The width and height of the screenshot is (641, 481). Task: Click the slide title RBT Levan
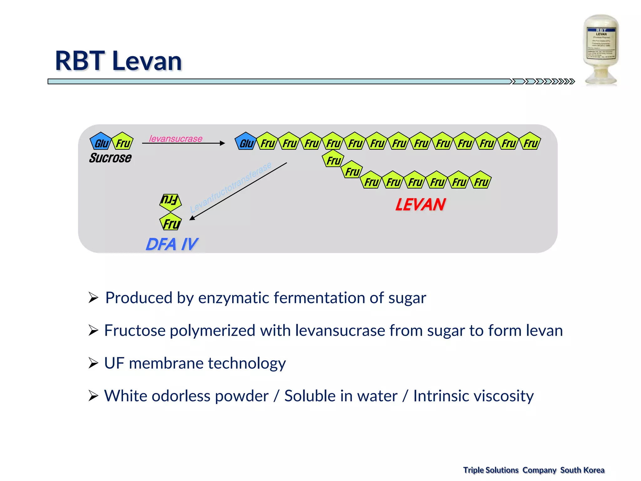(x=118, y=61)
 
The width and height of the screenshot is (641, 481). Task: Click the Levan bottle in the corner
(x=601, y=50)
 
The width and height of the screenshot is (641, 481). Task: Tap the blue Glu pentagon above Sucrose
(x=101, y=142)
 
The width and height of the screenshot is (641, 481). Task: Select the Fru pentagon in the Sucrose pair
(x=122, y=142)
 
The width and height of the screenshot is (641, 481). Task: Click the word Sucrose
(x=110, y=158)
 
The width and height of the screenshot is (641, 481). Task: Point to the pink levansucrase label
(x=176, y=138)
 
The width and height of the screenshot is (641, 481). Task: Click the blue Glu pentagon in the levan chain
(x=246, y=142)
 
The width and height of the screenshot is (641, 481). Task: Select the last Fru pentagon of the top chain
(x=530, y=142)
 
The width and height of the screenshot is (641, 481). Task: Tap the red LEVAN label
(x=420, y=204)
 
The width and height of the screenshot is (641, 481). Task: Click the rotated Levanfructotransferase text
(x=231, y=187)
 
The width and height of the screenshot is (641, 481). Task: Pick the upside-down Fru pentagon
(x=170, y=201)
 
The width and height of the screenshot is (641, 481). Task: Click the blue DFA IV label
(x=172, y=244)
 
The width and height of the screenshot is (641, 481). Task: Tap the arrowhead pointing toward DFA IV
(x=192, y=218)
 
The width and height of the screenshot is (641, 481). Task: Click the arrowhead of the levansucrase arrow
(x=223, y=143)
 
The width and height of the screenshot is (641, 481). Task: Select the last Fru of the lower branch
(x=481, y=181)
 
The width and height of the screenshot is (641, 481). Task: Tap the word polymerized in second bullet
(x=213, y=330)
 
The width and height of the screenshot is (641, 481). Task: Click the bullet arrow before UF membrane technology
(x=93, y=363)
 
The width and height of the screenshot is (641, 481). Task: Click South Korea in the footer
(x=582, y=470)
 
